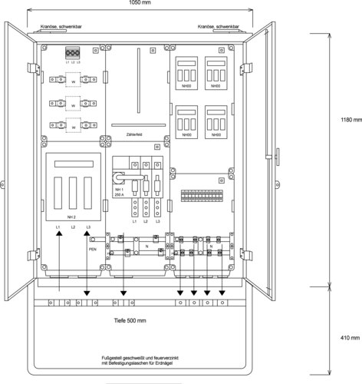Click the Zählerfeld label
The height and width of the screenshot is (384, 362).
click(134, 136)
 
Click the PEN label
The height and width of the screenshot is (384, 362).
click(92, 250)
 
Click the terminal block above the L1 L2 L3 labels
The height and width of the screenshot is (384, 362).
click(73, 52)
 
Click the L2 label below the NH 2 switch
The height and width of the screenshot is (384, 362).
click(73, 228)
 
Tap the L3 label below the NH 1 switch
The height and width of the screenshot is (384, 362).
click(157, 221)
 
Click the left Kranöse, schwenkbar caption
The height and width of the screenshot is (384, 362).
click(55, 28)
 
